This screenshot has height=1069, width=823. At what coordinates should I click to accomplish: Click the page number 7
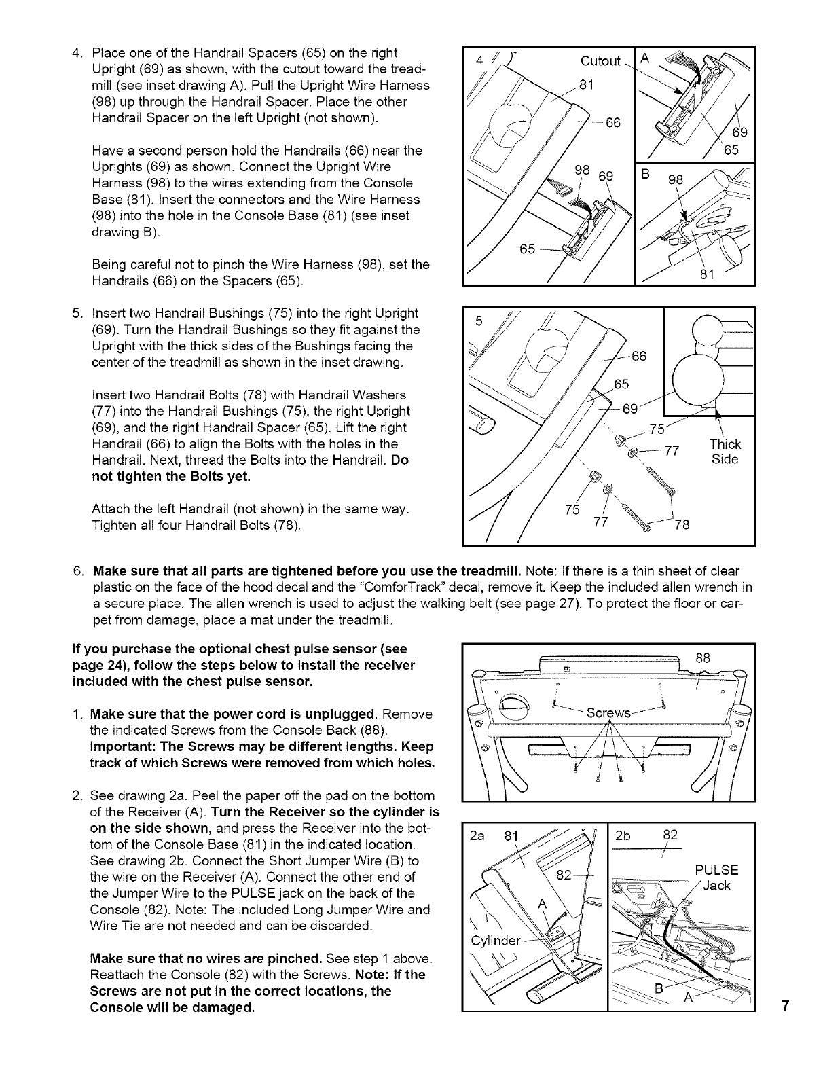pos(784,1007)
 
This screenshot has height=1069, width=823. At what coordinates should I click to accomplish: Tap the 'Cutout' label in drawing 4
pos(600,61)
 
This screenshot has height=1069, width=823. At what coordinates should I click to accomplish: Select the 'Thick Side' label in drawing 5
pos(725,452)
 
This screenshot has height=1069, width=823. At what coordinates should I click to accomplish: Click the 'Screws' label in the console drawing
pos(608,713)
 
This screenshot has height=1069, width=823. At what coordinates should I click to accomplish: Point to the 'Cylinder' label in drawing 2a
pos(495,941)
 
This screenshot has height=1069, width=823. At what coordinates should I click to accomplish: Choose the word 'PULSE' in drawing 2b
pos(716,871)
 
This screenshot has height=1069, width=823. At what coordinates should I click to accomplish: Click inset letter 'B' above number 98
pos(646,173)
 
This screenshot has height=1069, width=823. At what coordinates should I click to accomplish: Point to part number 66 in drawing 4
pos(613,122)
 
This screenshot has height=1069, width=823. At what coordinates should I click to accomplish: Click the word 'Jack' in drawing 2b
pos(717,886)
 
